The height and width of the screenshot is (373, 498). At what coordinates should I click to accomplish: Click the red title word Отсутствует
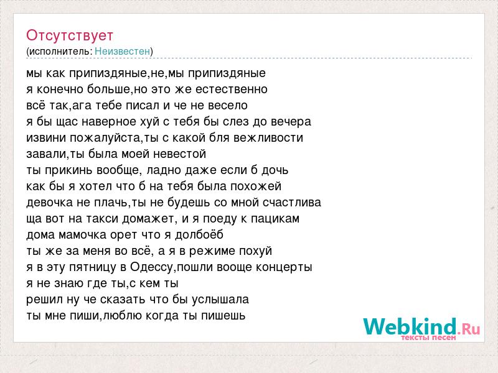click(70, 35)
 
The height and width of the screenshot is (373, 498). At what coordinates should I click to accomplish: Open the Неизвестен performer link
click(122, 51)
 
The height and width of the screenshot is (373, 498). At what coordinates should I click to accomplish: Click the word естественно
click(231, 89)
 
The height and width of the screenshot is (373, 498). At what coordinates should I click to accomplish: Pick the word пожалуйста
click(105, 137)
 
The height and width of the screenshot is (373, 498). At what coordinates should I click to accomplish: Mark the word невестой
click(180, 154)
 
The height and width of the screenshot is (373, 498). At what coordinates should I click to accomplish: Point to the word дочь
click(275, 170)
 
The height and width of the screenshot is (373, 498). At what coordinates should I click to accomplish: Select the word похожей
click(256, 186)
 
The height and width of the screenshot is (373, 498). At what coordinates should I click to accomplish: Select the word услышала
click(220, 300)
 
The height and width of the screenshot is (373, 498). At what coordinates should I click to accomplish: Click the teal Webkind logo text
click(410, 326)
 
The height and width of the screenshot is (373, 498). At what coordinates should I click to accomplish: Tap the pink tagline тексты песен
click(428, 338)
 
